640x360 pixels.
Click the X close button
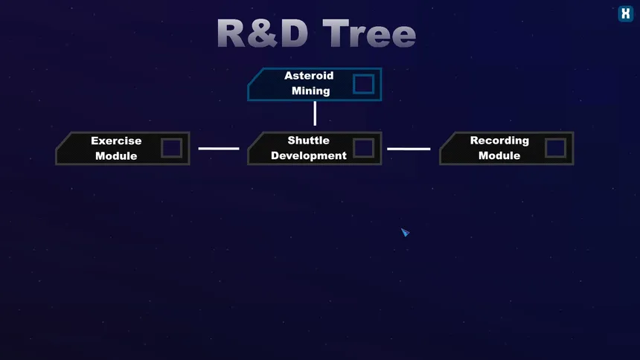625,14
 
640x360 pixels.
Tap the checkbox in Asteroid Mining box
364,83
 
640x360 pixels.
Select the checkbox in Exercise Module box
171,148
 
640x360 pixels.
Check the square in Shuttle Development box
364,148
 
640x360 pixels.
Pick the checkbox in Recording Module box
555,148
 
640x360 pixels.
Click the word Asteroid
309,76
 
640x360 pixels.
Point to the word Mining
310,91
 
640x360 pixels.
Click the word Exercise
116,141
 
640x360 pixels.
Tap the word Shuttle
309,141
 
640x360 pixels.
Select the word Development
309,155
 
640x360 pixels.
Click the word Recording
499,141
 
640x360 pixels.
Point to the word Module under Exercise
116,156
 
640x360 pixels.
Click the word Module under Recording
499,155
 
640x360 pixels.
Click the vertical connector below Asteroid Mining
315,113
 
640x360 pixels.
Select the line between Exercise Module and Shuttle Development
219,149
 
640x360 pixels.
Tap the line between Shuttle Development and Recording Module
409,149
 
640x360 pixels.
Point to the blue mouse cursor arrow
405,232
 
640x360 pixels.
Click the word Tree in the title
369,34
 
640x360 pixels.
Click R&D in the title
263,33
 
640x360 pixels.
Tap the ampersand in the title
262,33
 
